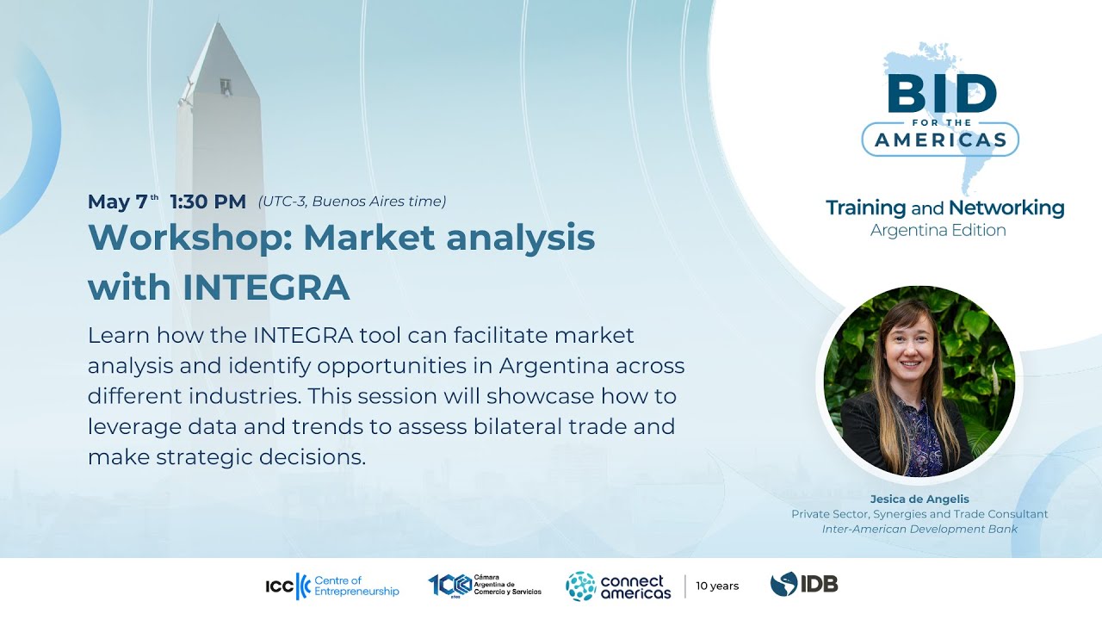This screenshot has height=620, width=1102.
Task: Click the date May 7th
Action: (x=122, y=202)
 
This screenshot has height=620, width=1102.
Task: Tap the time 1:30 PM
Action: (x=207, y=202)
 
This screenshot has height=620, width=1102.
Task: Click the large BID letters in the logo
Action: (x=941, y=94)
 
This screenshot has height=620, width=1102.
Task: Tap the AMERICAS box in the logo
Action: (x=940, y=139)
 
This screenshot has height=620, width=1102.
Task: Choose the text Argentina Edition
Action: (x=938, y=230)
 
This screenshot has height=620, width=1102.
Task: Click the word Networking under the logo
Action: (x=1006, y=208)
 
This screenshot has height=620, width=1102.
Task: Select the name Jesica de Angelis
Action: (x=919, y=499)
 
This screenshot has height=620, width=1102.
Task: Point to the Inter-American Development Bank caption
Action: (x=919, y=529)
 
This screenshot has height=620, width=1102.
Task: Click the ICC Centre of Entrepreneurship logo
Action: (x=332, y=586)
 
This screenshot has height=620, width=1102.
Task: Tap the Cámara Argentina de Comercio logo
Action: (x=485, y=586)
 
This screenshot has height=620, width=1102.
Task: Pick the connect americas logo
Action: (x=618, y=586)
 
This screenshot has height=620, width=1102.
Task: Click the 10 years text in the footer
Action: (x=717, y=586)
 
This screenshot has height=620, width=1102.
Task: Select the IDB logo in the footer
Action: (x=803, y=585)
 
